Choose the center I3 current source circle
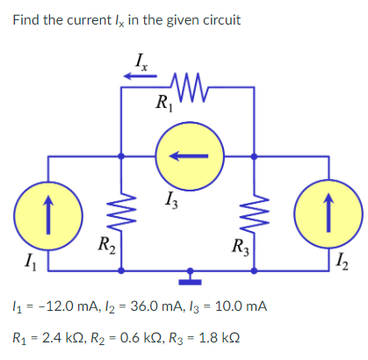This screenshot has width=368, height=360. [188, 157]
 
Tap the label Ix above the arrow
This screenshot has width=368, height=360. [141, 61]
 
